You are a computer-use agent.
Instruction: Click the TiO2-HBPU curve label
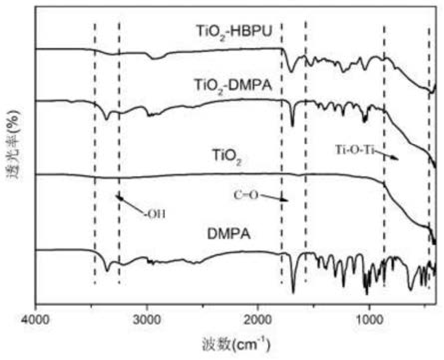point(233,31)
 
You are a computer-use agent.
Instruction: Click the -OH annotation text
point(154,214)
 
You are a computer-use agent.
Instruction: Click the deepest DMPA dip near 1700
point(293,291)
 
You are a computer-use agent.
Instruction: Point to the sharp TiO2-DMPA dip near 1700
point(293,125)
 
